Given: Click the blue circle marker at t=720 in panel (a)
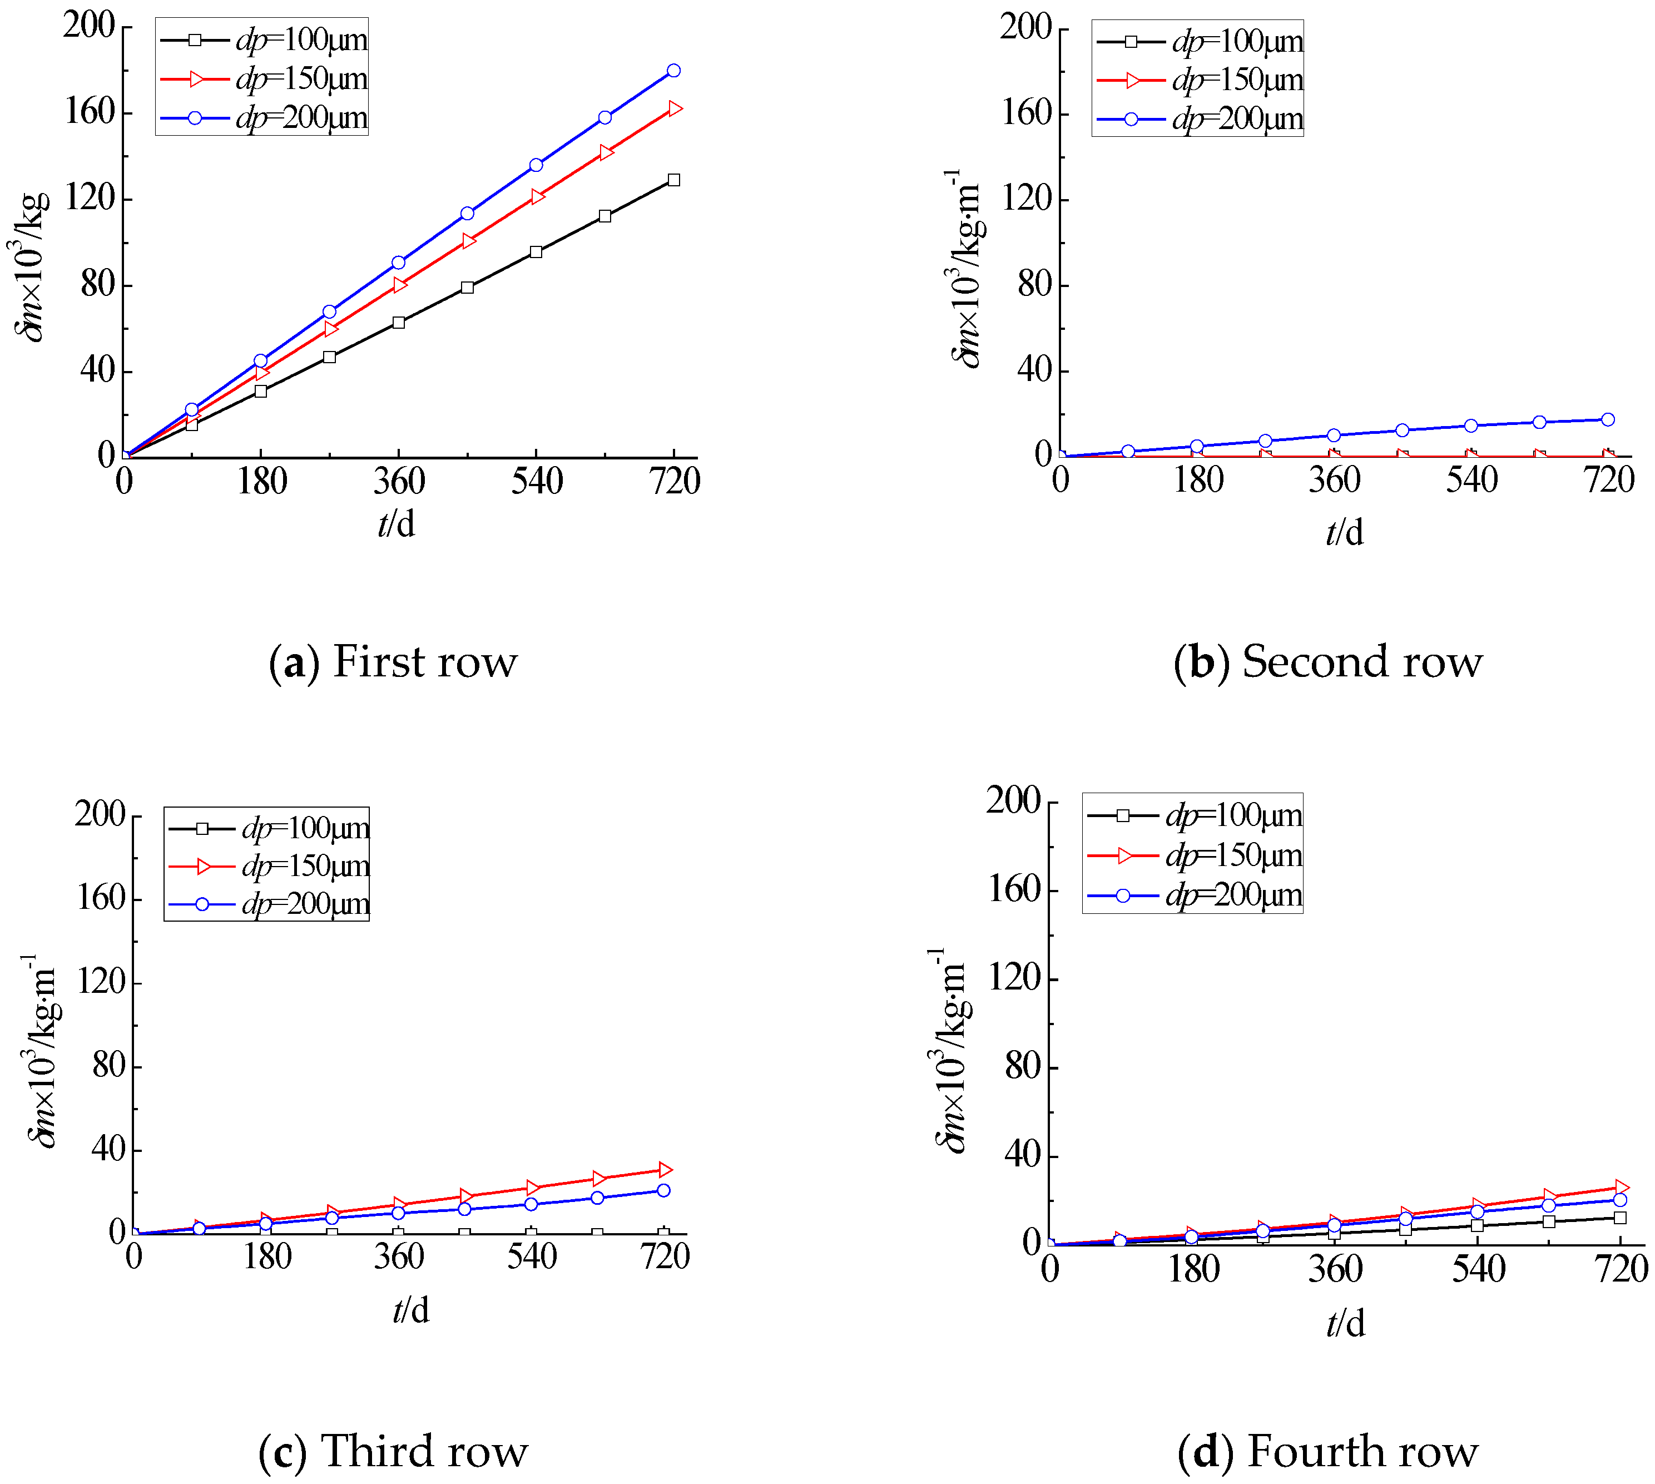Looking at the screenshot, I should [x=673, y=71].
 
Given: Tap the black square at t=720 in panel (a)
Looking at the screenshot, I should [x=673, y=180].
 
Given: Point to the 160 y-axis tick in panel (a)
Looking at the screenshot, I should [x=89, y=112].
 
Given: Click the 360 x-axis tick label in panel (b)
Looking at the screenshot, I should [x=1335, y=480].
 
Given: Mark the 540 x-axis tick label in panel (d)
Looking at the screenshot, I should [x=1478, y=1269].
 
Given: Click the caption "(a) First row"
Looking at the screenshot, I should [x=393, y=661].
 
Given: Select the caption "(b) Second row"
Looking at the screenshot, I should [x=1328, y=661].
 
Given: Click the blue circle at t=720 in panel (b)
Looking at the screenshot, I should [x=1608, y=420].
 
